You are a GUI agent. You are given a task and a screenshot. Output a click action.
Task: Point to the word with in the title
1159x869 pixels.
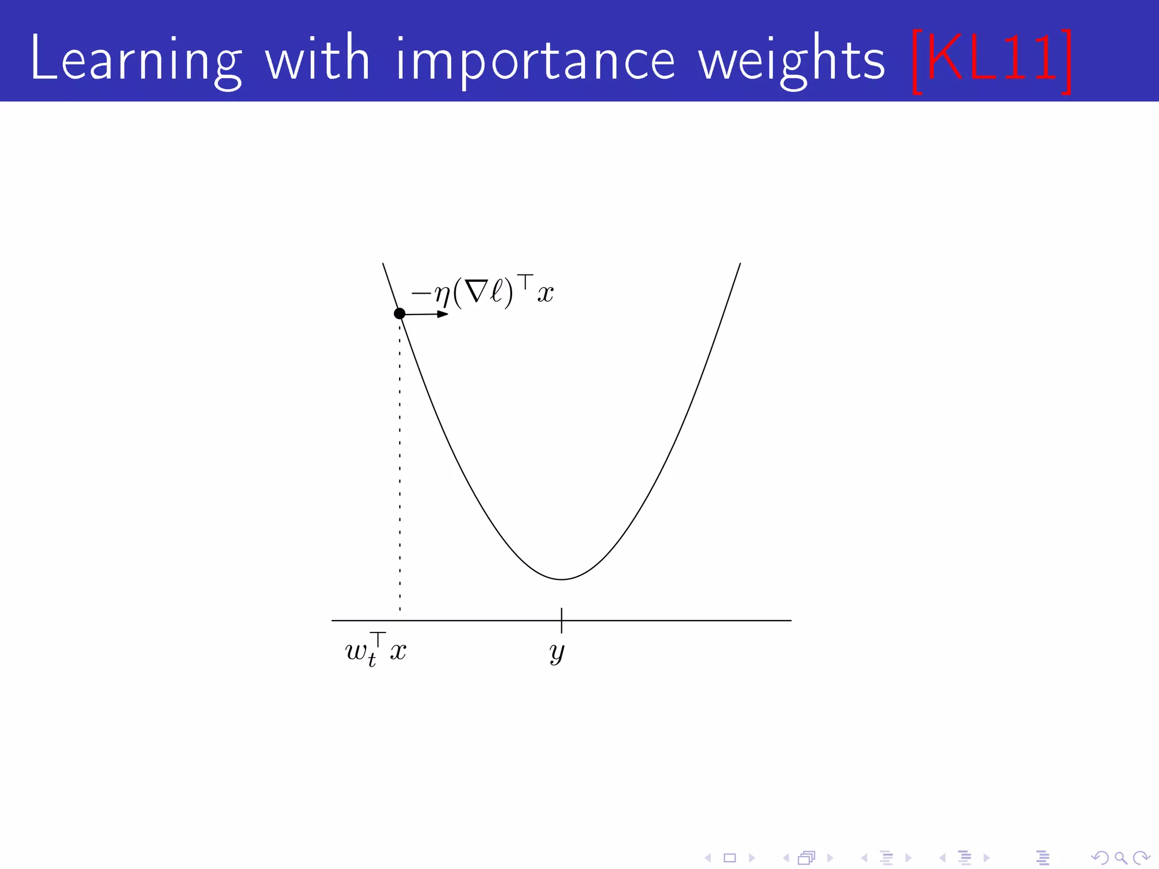tap(317, 59)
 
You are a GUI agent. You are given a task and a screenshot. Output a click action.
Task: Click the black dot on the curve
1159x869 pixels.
tap(400, 313)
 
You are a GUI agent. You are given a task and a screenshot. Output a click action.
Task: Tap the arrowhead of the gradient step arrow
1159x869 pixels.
tap(443, 314)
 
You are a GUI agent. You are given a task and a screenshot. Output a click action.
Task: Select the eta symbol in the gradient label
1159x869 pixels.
tap(441, 294)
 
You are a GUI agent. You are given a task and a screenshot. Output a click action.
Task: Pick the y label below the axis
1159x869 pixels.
tap(557, 652)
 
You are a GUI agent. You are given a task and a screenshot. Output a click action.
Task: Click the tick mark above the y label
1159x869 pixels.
tap(561, 620)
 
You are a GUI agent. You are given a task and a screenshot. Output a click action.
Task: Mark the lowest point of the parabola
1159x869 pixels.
tap(561, 579)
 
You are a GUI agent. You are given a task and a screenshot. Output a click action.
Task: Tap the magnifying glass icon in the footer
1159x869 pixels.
tap(1121, 858)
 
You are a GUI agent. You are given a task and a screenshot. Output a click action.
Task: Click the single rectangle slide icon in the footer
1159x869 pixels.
tap(730, 858)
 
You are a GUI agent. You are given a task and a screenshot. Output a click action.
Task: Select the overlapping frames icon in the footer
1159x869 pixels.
tap(806, 858)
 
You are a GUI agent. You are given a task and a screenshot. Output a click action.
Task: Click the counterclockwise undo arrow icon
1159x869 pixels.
tap(1099, 858)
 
